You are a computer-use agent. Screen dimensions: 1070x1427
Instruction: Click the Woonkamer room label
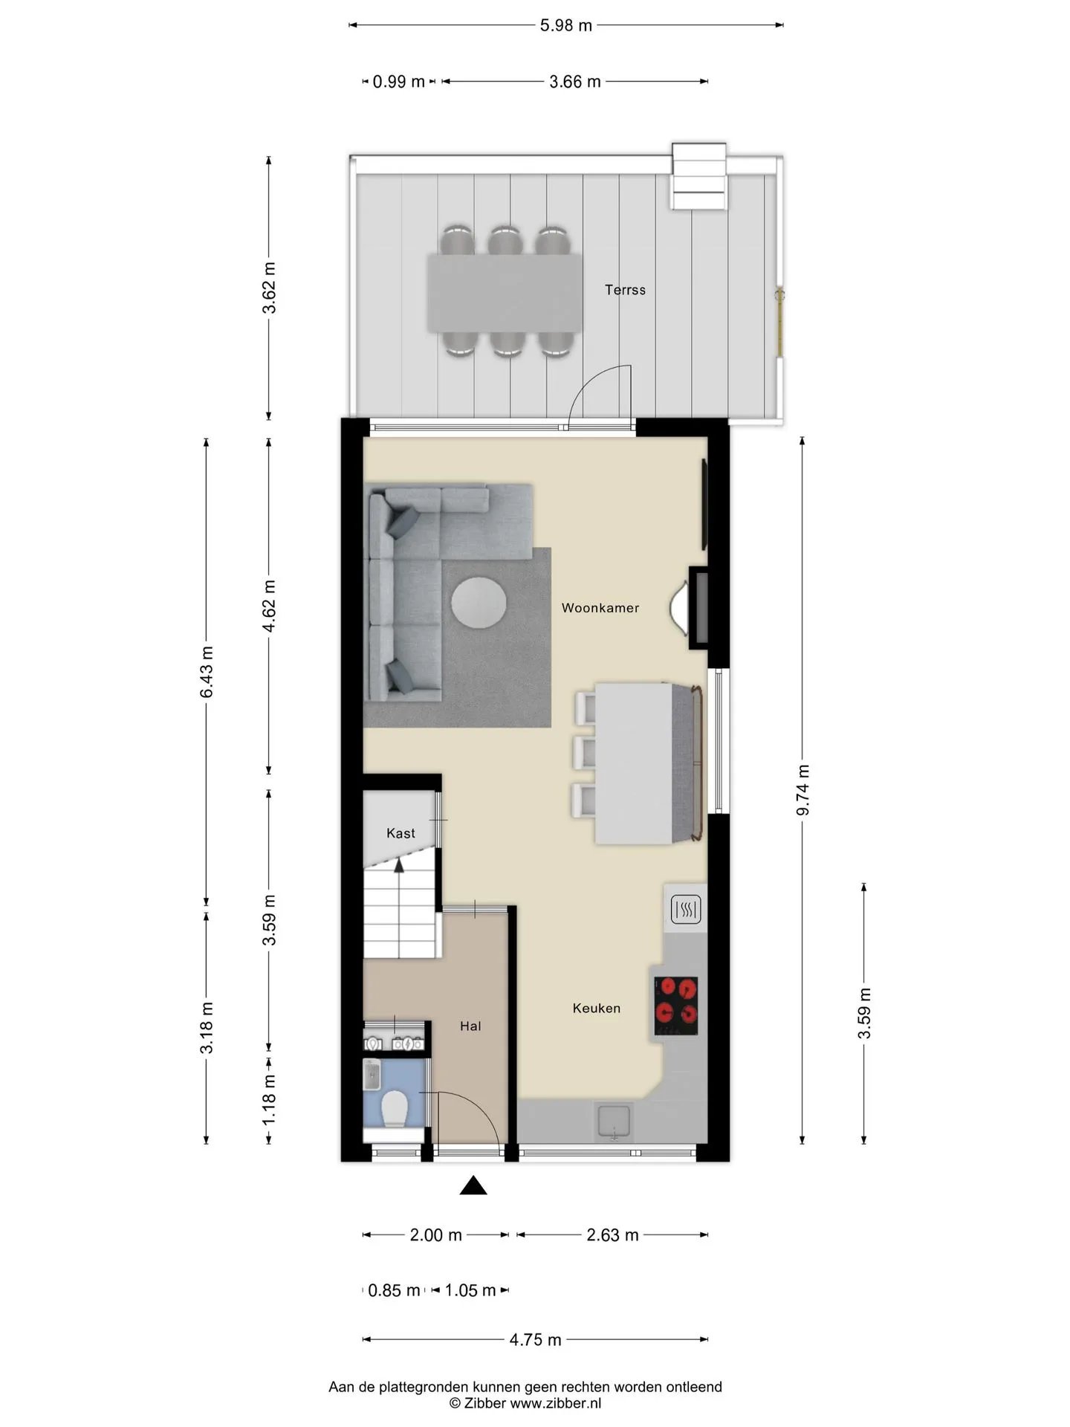(600, 608)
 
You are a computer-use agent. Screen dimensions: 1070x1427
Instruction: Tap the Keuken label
(597, 1009)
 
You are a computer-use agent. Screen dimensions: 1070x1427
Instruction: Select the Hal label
(470, 1026)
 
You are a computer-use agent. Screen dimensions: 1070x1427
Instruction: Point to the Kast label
(401, 833)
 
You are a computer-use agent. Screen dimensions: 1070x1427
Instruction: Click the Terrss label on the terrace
(625, 290)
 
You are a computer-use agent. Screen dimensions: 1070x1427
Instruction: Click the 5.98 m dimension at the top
(566, 25)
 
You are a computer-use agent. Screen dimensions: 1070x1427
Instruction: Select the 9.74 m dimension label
(802, 790)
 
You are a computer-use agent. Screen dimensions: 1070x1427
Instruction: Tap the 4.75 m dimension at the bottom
(535, 1340)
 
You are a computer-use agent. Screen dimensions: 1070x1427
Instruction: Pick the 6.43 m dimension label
(207, 672)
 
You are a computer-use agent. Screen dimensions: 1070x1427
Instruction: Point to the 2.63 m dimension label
(612, 1235)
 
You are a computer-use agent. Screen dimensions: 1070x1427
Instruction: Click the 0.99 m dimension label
(398, 82)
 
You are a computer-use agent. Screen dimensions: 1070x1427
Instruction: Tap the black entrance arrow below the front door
(473, 1185)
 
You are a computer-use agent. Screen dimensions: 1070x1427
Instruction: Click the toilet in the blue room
(394, 1109)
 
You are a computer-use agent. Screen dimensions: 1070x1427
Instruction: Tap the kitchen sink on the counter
(614, 1123)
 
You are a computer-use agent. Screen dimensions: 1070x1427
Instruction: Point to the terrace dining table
(505, 294)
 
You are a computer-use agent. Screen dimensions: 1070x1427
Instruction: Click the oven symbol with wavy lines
(686, 909)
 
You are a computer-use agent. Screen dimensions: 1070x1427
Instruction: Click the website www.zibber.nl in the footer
(556, 1403)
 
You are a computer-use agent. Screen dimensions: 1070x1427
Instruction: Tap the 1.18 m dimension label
(269, 1100)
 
